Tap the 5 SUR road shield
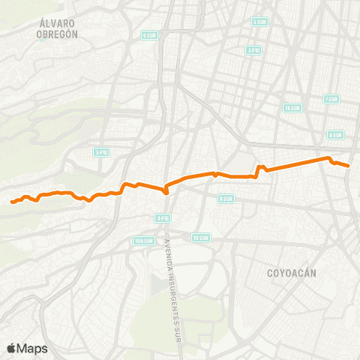click(260, 22)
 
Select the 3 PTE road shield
click(253, 50)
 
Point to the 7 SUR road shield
click(331, 99)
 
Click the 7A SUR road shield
click(292, 108)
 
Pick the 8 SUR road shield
click(334, 135)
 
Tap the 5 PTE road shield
click(101, 151)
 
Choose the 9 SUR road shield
click(226, 199)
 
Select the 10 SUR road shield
click(200, 238)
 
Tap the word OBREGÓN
click(57, 34)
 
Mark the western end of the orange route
click(12, 202)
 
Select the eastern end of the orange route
click(349, 166)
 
